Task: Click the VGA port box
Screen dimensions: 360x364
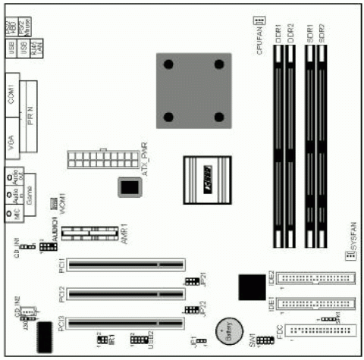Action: pyautogui.click(x=12, y=141)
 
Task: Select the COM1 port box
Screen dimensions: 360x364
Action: pyautogui.click(x=12, y=94)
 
